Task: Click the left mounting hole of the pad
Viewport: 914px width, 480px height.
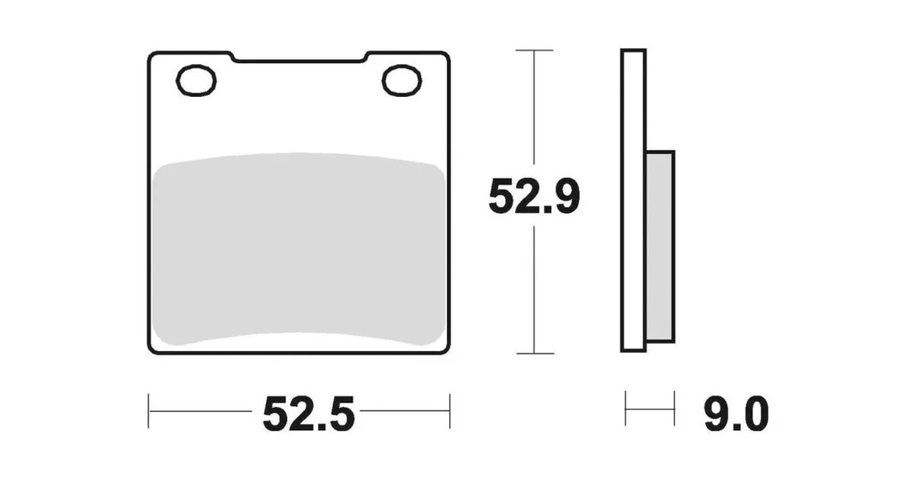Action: tap(196, 81)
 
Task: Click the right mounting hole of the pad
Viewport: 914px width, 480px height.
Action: tap(401, 81)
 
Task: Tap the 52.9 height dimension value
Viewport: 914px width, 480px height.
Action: tap(534, 197)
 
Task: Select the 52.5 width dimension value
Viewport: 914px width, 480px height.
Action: tap(308, 413)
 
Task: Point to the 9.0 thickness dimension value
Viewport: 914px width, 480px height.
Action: tap(736, 413)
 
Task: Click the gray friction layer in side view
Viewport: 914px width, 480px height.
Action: tap(660, 246)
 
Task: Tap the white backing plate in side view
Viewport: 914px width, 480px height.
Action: tap(633, 200)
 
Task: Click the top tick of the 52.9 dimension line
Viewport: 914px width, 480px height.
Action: tap(534, 51)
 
